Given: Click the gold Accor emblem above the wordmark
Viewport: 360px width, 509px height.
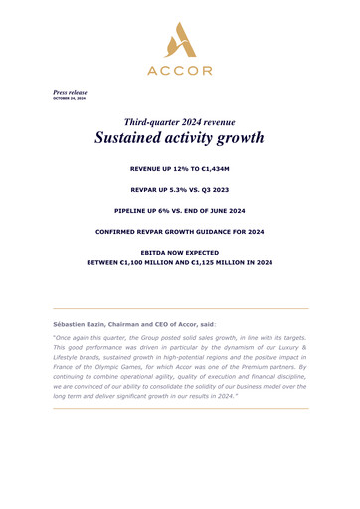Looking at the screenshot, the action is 179,44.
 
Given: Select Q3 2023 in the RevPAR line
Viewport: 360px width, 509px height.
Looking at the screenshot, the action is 221,188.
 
